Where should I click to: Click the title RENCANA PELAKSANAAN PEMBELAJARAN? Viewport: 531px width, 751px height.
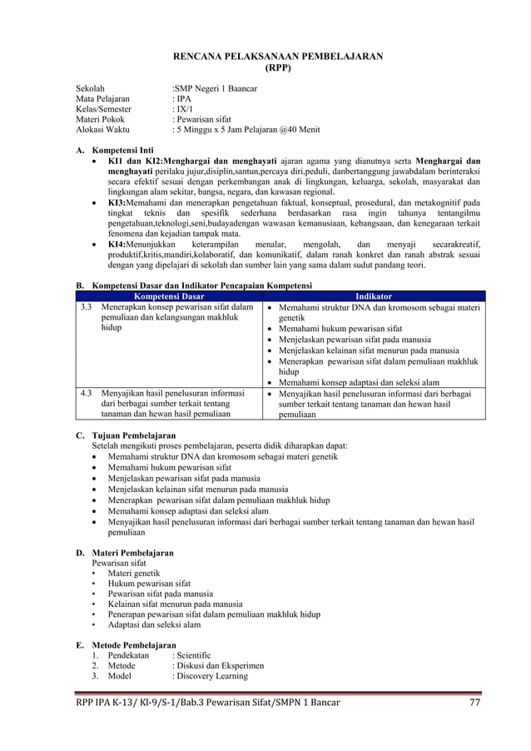pos(277,56)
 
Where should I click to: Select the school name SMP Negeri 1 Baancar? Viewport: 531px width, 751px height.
pos(216,87)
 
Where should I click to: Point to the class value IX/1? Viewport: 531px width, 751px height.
pos(183,109)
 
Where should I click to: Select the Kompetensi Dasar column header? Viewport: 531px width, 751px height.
pos(170,296)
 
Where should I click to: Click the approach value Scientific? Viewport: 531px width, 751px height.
pos(191,655)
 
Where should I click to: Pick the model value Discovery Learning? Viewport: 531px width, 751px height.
pos(210,676)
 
